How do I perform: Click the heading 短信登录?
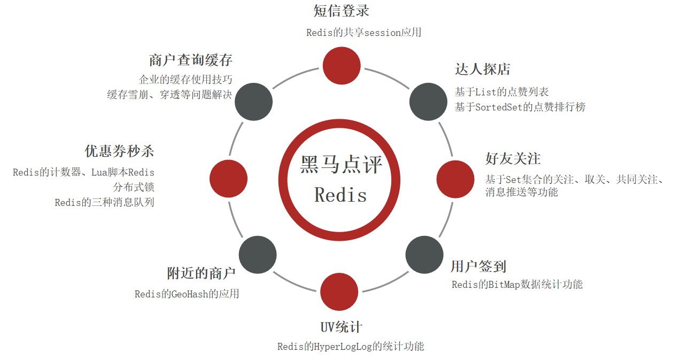[341, 11]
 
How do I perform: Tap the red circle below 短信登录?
[342, 65]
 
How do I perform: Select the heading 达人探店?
[482, 70]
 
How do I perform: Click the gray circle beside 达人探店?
[428, 102]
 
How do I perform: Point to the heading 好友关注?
[513, 159]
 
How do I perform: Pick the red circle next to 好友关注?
[455, 179]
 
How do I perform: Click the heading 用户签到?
[478, 266]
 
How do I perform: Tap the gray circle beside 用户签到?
[424, 255]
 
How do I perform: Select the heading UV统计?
[341, 327]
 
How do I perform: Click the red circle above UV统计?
[339, 292]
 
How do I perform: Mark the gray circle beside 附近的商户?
[258, 255]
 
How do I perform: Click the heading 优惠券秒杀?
[119, 151]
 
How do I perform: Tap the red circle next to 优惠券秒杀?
[228, 179]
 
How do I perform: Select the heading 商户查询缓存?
[191, 59]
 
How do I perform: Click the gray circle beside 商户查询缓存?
[254, 102]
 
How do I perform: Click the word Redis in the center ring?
[341, 195]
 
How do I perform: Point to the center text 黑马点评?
[341, 164]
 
